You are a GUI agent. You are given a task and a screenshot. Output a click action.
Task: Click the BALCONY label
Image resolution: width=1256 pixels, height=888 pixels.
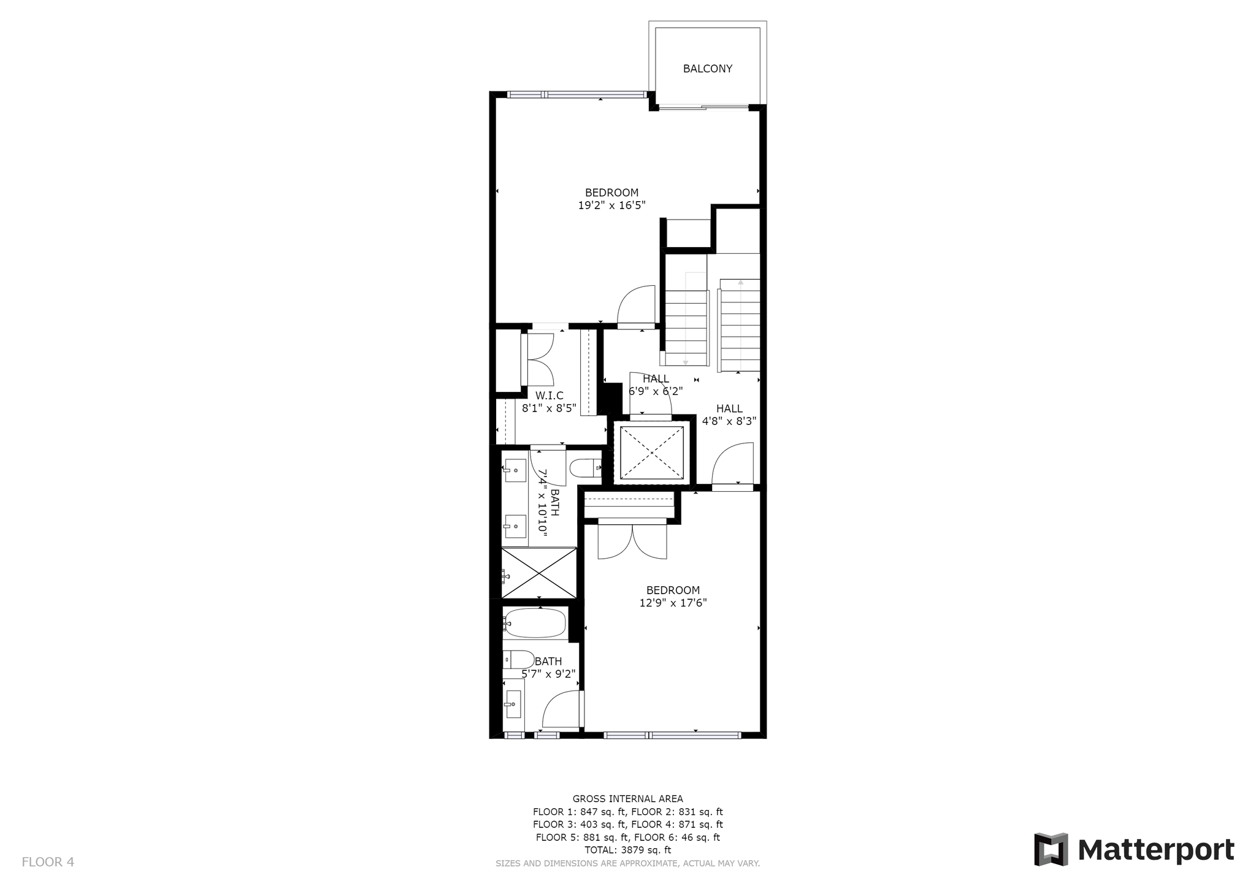(x=708, y=69)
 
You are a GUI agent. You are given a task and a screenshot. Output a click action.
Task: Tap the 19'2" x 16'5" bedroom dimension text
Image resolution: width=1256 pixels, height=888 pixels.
(x=611, y=205)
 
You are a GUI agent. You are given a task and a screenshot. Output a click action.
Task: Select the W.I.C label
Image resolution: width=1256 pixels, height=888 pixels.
(x=549, y=396)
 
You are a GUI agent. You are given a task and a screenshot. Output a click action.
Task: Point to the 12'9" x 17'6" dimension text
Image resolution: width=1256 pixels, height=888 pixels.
(x=673, y=603)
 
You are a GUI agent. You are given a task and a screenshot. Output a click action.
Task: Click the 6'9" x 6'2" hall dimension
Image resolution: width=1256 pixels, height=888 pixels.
(x=656, y=391)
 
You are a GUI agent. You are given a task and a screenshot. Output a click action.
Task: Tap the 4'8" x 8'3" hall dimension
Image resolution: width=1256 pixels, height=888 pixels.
(x=729, y=421)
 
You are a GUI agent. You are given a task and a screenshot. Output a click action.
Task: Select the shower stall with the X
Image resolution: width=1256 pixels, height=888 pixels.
(x=539, y=573)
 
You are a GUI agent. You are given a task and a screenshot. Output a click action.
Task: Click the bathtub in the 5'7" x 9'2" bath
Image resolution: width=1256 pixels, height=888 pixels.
(x=534, y=623)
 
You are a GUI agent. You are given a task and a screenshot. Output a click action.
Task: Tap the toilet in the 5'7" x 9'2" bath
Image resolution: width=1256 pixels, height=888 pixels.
(x=518, y=660)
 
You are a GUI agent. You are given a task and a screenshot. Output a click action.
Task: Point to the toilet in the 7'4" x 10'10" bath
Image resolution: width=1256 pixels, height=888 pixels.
(x=586, y=469)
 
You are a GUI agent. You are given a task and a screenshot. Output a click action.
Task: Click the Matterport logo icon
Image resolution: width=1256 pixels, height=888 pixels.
(x=1051, y=849)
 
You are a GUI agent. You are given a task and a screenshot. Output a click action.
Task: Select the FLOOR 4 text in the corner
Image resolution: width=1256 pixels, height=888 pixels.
(x=48, y=862)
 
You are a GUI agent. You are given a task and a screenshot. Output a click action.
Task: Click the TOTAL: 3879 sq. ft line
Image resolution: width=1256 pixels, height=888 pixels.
(x=627, y=850)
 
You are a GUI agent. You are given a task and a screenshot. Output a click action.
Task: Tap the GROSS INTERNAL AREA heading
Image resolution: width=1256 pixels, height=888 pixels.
(x=627, y=798)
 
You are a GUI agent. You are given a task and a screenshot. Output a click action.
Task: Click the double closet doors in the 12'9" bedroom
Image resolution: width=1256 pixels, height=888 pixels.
(x=632, y=540)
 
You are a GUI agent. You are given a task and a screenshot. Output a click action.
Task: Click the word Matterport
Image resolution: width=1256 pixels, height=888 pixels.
(x=1156, y=850)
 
